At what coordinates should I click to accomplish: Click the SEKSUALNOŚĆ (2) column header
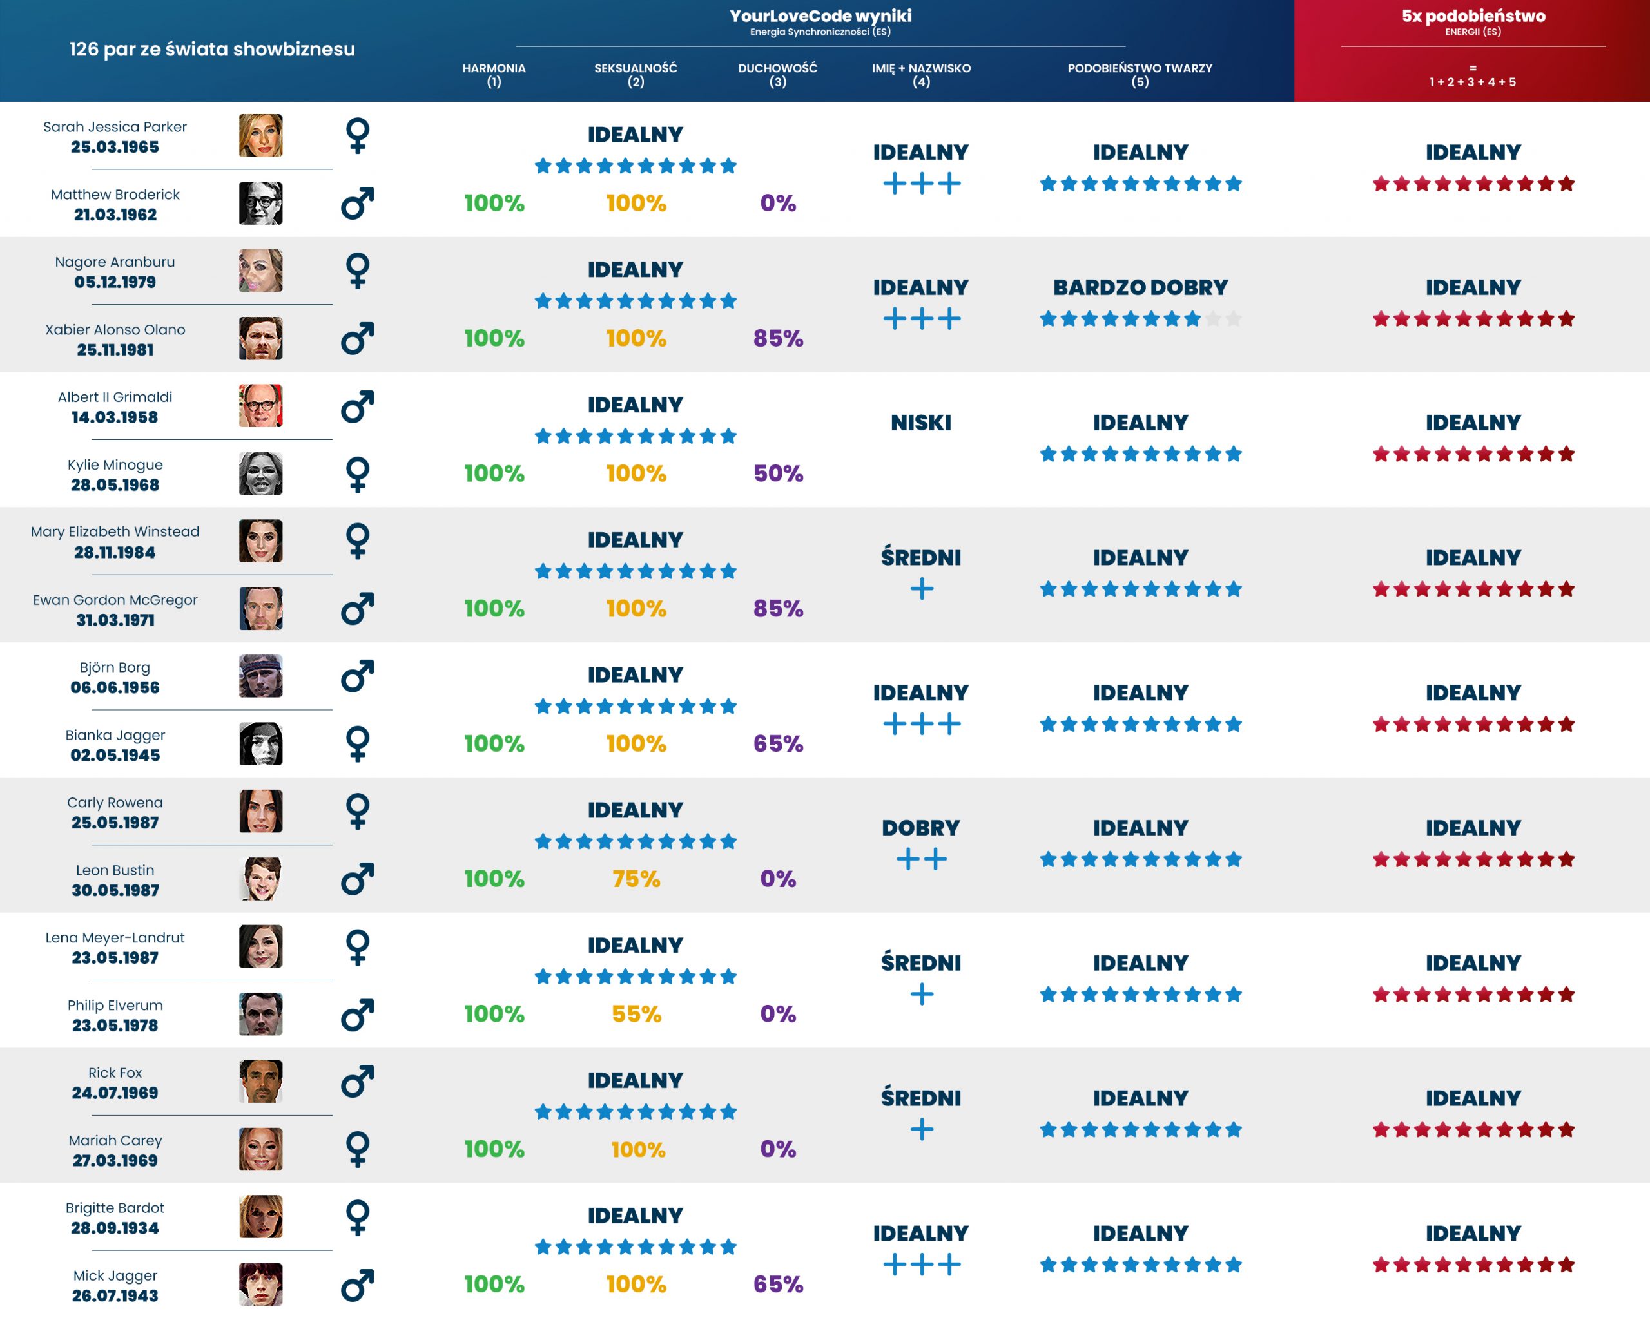pyautogui.click(x=636, y=74)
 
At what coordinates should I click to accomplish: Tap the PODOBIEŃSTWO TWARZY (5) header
pyautogui.click(x=1140, y=74)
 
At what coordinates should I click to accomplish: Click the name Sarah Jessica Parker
pyautogui.click(x=115, y=127)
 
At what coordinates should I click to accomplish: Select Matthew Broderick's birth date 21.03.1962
pyautogui.click(x=115, y=215)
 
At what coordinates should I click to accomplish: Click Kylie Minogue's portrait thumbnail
pyautogui.click(x=260, y=473)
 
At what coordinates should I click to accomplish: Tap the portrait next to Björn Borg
pyautogui.click(x=260, y=676)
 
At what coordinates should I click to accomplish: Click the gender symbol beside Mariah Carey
pyautogui.click(x=358, y=1149)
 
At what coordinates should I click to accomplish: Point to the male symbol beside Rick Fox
pyautogui.click(x=358, y=1082)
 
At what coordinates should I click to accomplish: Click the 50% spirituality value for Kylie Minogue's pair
pyautogui.click(x=777, y=473)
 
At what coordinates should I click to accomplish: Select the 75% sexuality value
pyautogui.click(x=636, y=879)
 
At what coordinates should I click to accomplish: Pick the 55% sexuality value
pyautogui.click(x=636, y=1015)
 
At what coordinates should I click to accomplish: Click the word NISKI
pyautogui.click(x=920, y=423)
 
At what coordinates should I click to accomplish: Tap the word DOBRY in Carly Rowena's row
pyautogui.click(x=920, y=828)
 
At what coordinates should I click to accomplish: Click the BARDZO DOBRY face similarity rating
pyautogui.click(x=1140, y=287)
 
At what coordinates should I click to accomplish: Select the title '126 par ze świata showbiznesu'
pyautogui.click(x=212, y=50)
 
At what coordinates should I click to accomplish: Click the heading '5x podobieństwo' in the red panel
pyautogui.click(x=1473, y=16)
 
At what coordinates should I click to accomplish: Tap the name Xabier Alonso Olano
pyautogui.click(x=115, y=330)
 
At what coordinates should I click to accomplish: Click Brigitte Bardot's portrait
pyautogui.click(x=260, y=1216)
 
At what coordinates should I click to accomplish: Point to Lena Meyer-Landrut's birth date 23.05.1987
pyautogui.click(x=115, y=959)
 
